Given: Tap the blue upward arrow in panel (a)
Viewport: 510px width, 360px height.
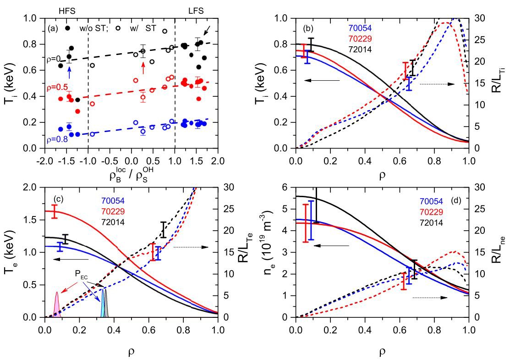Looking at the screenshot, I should (x=69, y=73).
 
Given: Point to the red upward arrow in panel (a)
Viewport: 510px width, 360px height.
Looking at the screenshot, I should (x=143, y=68).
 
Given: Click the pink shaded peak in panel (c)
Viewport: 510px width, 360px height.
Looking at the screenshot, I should (x=57, y=306).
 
